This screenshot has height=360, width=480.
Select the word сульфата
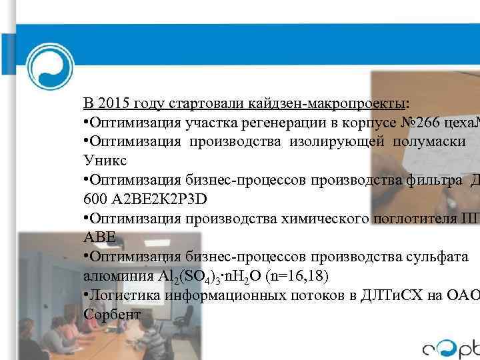(437, 256)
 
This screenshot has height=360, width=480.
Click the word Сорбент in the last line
(112, 314)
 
